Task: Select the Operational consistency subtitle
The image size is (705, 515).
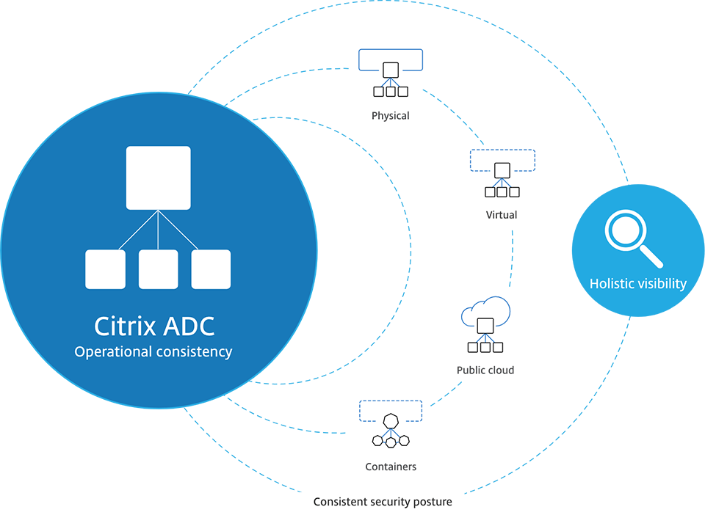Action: coord(153,351)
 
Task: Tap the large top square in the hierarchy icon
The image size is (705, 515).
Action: coord(158,178)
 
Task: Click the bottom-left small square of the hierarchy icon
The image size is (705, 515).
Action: coord(105,269)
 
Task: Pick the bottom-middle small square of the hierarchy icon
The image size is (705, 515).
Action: coord(158,269)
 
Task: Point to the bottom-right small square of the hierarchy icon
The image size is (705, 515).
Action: coord(211,269)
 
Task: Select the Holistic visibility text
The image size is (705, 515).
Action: coord(637,283)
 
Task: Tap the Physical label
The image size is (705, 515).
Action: coord(390,116)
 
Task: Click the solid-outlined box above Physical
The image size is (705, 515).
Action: coord(390,59)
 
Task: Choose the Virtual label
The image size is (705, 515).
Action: coord(501,215)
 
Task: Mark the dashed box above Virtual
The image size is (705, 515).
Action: coord(502,160)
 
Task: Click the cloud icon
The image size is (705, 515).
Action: coord(485,313)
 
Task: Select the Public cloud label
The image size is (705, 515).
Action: coord(485,370)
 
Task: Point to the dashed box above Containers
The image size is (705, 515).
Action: coord(390,411)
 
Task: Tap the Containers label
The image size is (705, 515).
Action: coord(391,467)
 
